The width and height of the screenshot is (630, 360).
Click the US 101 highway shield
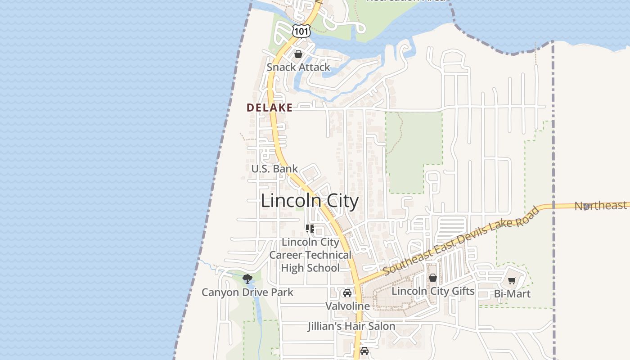pyautogui.click(x=301, y=31)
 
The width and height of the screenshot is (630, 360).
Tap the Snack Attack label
pyautogui.click(x=298, y=67)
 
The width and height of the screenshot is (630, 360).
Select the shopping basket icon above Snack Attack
pyautogui.click(x=298, y=54)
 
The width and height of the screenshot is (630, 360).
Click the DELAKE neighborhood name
pyautogui.click(x=270, y=108)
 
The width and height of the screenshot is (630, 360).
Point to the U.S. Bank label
pyautogui.click(x=274, y=169)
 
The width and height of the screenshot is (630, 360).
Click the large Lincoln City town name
pyautogui.click(x=310, y=201)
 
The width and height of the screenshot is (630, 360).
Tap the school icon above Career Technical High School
pyautogui.click(x=310, y=229)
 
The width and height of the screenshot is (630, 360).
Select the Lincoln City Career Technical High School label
pyautogui.click(x=310, y=255)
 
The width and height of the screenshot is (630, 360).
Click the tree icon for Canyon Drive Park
pyautogui.click(x=247, y=279)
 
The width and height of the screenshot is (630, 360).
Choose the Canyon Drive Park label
pyautogui.click(x=247, y=292)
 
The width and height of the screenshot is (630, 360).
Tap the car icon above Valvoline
pyautogui.click(x=347, y=293)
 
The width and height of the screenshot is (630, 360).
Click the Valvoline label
pyautogui.click(x=347, y=306)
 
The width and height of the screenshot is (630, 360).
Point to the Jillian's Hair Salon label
pyautogui.click(x=351, y=326)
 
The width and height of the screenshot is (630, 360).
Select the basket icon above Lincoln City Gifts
pyautogui.click(x=433, y=278)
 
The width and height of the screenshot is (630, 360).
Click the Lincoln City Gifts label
pyautogui.click(x=433, y=291)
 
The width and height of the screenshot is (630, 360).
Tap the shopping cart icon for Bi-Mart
pyautogui.click(x=512, y=281)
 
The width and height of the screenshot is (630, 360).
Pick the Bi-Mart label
pyautogui.click(x=512, y=294)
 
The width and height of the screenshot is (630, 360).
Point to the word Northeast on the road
pyautogui.click(x=600, y=206)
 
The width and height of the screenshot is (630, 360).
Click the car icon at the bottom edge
pyautogui.click(x=364, y=351)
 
